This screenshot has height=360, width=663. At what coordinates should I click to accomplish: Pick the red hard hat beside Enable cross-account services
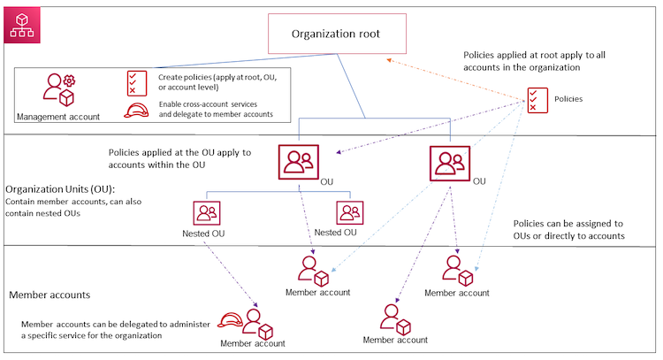tap(137, 110)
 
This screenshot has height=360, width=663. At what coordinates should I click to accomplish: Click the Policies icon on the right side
tap(536, 99)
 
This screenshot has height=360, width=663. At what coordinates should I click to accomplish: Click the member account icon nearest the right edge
tap(458, 270)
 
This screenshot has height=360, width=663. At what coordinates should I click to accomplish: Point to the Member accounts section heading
tap(48, 294)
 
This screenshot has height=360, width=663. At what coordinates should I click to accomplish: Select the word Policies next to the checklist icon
tap(568, 99)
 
